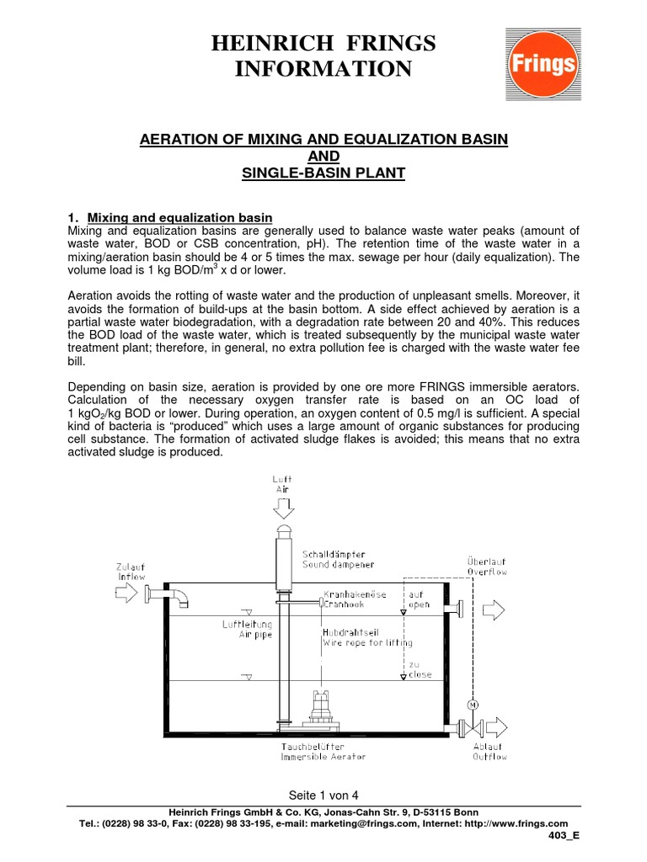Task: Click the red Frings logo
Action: (541, 63)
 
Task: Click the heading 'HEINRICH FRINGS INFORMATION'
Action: (323, 56)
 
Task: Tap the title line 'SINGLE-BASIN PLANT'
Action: (323, 173)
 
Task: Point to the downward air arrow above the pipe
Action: (283, 508)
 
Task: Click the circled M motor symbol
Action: (472, 704)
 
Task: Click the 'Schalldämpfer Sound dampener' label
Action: (334, 559)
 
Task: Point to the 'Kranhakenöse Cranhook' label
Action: (355, 599)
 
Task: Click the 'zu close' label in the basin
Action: (420, 668)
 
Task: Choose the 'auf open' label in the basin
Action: (420, 599)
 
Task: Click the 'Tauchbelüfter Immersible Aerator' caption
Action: (323, 751)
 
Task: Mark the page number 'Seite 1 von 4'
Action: (323, 794)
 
